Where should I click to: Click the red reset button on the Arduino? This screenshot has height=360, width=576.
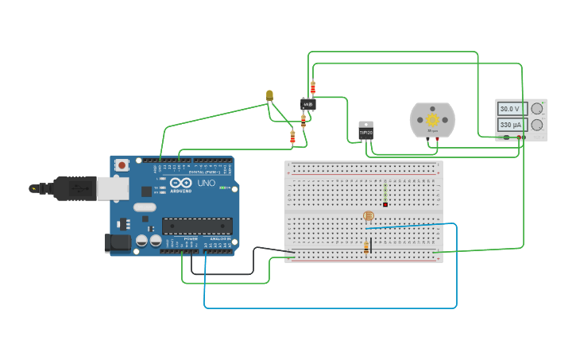tap(122, 165)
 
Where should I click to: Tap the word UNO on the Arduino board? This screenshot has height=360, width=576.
tap(206, 184)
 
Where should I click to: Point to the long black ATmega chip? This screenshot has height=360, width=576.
tap(197, 226)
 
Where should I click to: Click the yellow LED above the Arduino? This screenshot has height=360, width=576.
tap(269, 95)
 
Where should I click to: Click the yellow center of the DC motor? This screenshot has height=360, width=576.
tap(433, 119)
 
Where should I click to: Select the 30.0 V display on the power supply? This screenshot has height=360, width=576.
tap(510, 109)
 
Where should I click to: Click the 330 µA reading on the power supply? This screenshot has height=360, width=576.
tap(510, 125)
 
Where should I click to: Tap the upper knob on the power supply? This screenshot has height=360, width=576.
tap(537, 108)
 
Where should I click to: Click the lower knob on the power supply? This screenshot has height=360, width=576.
tap(537, 125)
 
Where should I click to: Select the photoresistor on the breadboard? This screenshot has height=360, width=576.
tap(368, 215)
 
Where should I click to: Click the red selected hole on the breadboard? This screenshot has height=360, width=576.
tap(385, 204)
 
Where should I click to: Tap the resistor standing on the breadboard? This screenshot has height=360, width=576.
tap(366, 247)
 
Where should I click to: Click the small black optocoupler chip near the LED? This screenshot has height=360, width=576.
tap(307, 104)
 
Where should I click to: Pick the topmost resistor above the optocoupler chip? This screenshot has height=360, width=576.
tap(313, 87)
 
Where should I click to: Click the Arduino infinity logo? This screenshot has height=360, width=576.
tap(182, 184)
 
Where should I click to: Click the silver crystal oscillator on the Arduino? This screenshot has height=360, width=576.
tap(145, 207)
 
